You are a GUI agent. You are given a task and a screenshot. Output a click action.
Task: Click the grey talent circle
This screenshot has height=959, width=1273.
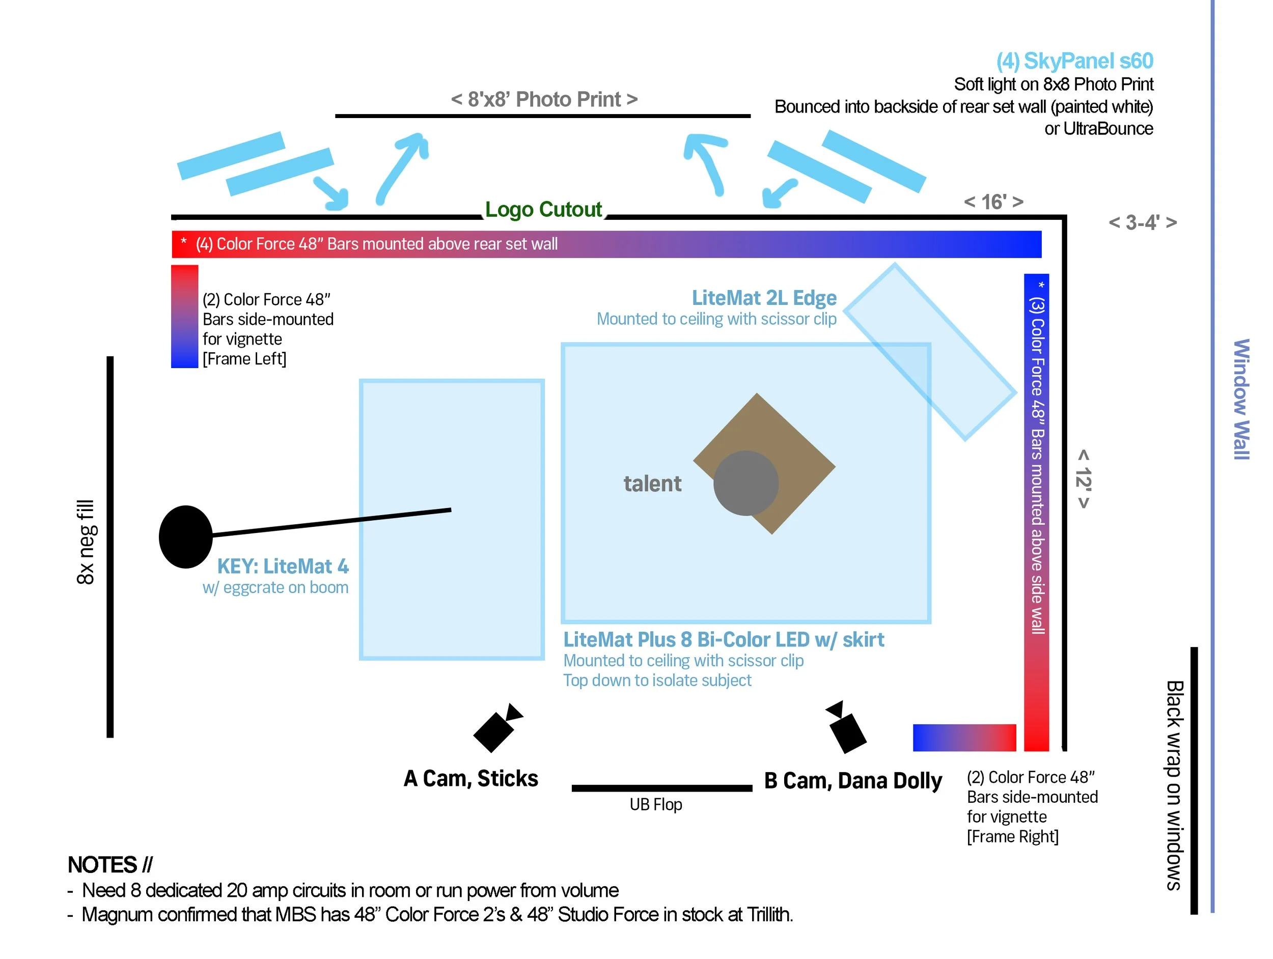[746, 483]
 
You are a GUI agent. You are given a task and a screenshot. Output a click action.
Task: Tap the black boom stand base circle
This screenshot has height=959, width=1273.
[185, 537]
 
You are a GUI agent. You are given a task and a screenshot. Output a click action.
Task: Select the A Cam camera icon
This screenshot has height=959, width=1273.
[495, 729]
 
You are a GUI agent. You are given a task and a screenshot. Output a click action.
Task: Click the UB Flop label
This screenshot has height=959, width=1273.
[655, 804]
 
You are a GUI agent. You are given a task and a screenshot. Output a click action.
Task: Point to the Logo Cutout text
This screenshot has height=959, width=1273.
[543, 209]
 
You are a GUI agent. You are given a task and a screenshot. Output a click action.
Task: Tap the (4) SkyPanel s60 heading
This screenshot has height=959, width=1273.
[1074, 61]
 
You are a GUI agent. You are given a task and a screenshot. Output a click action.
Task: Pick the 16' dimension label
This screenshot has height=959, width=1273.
[993, 202]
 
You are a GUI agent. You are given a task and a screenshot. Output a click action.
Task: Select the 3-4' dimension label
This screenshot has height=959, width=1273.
[1142, 222]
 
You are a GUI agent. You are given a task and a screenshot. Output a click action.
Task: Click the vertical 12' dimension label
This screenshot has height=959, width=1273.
[1083, 478]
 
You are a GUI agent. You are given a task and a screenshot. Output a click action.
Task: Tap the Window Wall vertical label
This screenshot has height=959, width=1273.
[1241, 399]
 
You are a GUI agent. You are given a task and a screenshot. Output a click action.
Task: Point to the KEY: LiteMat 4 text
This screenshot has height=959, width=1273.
[283, 567]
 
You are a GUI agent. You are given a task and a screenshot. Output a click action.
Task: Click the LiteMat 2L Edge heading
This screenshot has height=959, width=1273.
[764, 298]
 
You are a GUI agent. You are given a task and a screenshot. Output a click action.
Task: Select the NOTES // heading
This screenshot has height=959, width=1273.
[110, 865]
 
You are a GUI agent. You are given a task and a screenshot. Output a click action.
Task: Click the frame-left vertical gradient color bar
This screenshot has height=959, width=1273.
[184, 317]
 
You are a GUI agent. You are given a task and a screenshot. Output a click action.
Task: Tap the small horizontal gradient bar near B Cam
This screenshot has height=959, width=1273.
[964, 738]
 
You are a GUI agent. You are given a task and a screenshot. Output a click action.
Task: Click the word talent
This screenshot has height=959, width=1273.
[652, 484]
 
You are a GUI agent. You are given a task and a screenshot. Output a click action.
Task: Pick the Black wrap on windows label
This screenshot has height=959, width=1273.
[1174, 785]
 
